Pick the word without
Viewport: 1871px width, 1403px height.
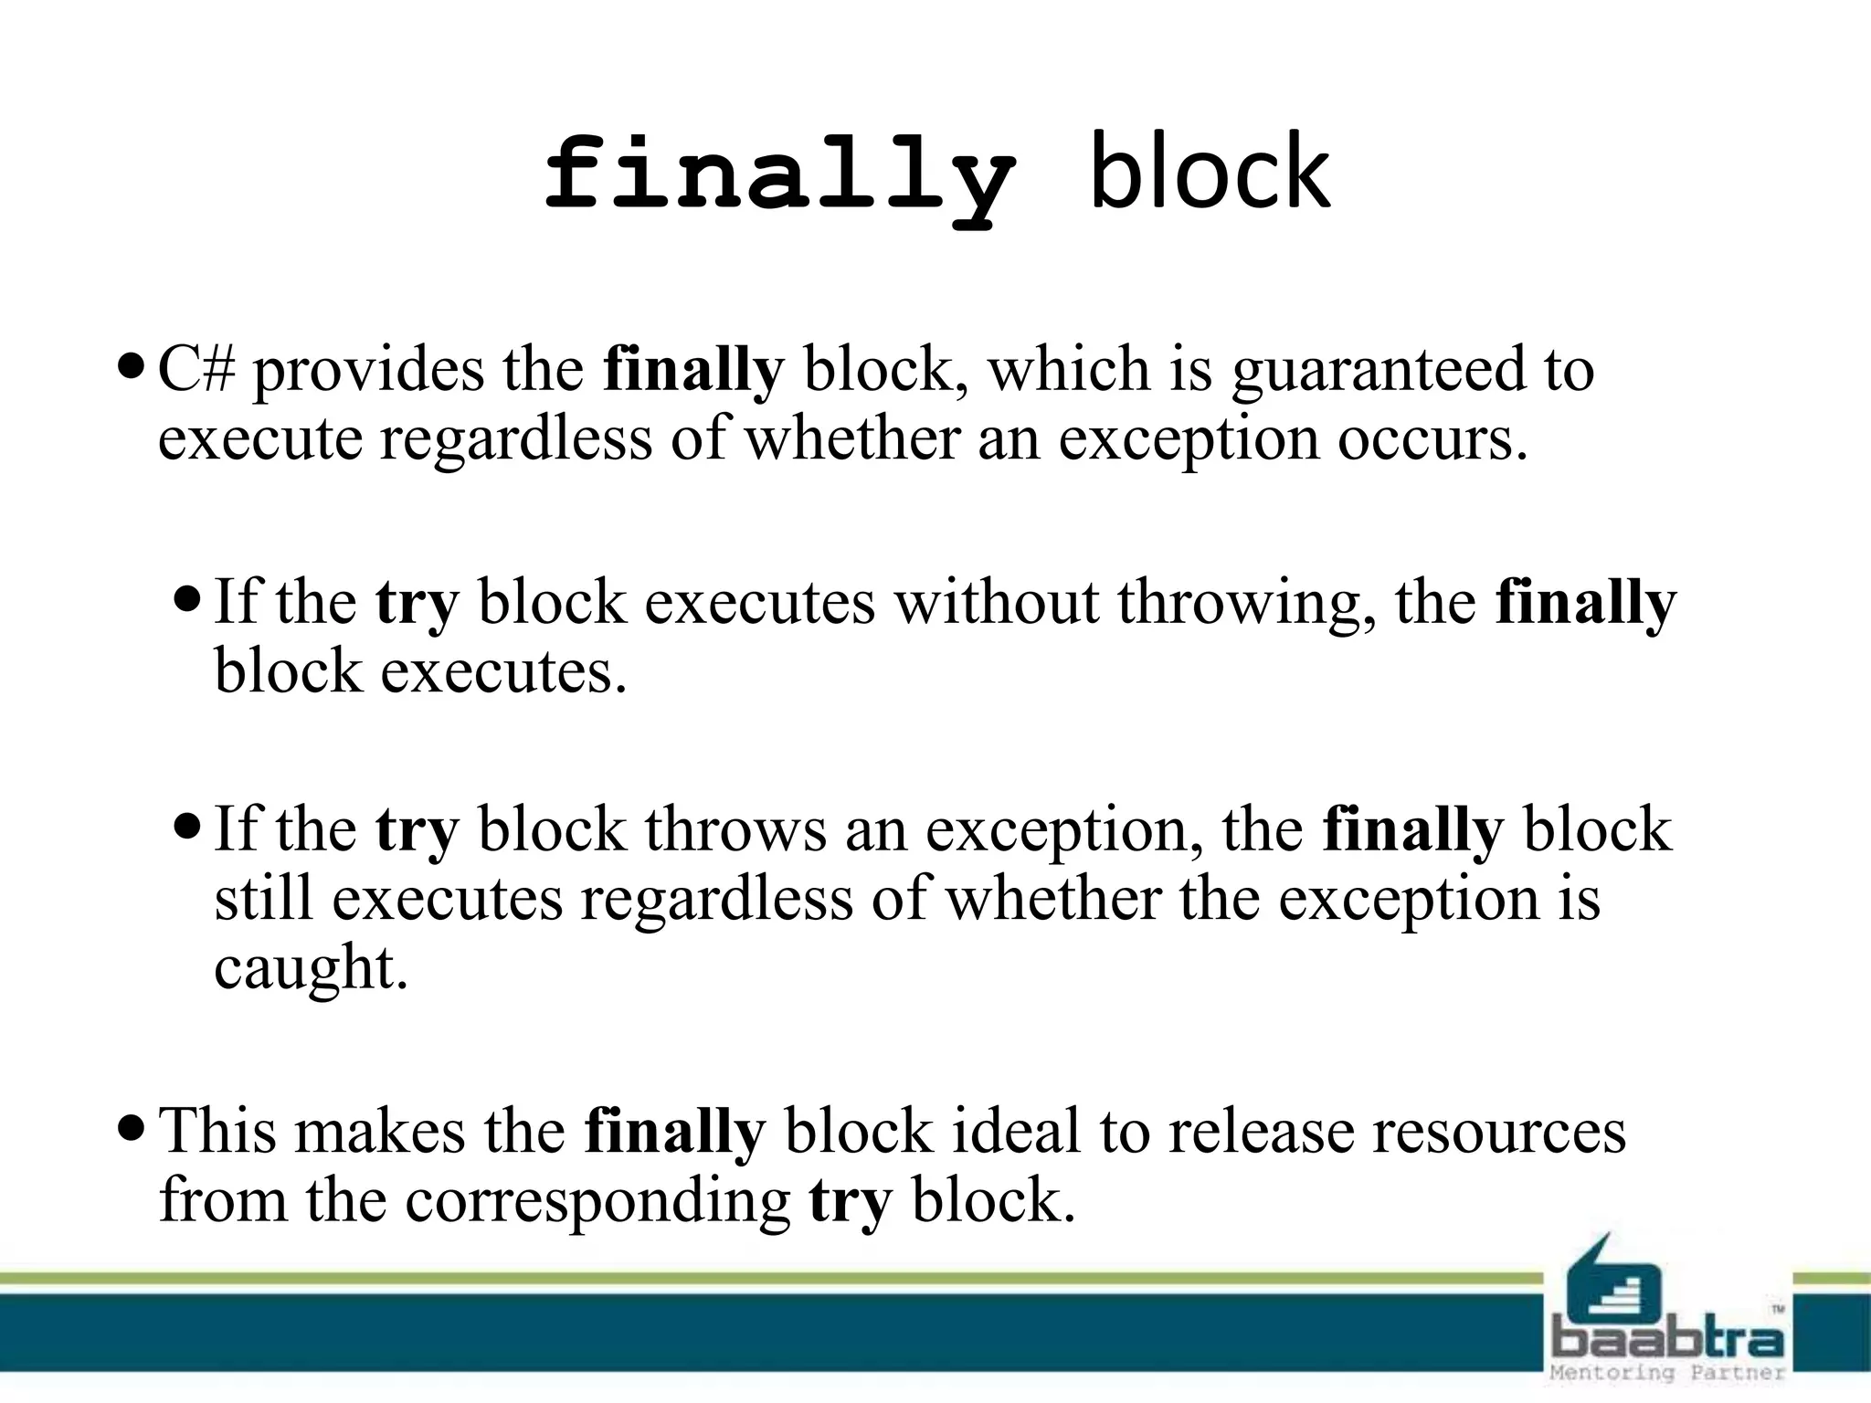click(x=996, y=604)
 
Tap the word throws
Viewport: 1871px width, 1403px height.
click(x=735, y=830)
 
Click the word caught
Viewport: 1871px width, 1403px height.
click(x=310, y=969)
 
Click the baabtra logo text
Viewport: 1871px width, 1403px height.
click(x=1667, y=1340)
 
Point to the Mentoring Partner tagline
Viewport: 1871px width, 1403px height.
click(x=1667, y=1373)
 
